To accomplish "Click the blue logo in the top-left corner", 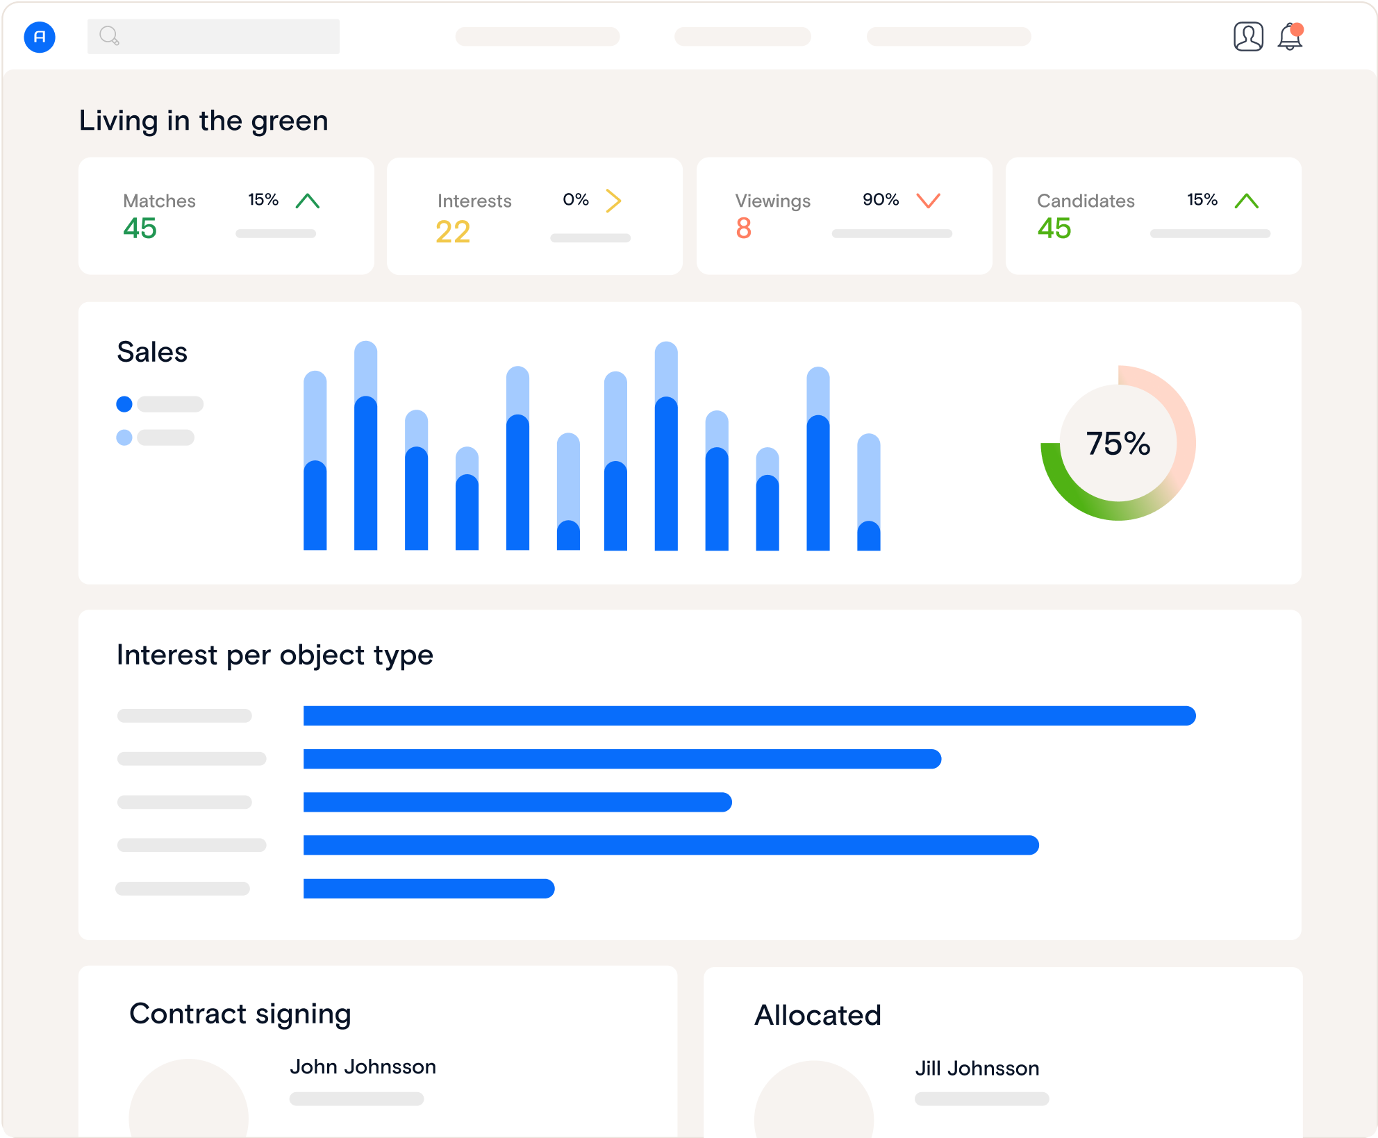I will click(40, 37).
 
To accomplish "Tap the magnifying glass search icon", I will click(109, 35).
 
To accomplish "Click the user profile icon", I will click(1247, 37).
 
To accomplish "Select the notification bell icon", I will click(1290, 37).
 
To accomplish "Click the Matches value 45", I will click(140, 228).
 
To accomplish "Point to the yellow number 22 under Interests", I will click(453, 232).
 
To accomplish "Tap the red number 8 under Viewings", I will click(743, 228).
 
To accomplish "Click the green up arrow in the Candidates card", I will click(1246, 201).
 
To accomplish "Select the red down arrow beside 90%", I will click(928, 201).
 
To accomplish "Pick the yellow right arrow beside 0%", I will click(613, 201).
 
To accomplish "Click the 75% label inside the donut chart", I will click(1118, 443).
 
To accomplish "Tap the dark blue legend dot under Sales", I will click(124, 404).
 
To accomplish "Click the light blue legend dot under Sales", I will click(124, 437).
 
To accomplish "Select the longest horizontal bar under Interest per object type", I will click(749, 716).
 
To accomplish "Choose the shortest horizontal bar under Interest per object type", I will click(429, 889).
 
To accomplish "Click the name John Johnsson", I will click(363, 1066).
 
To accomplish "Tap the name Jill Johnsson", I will click(977, 1068).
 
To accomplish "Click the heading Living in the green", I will click(204, 121).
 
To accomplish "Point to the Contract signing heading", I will click(240, 1014).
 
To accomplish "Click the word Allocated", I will click(817, 1015).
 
